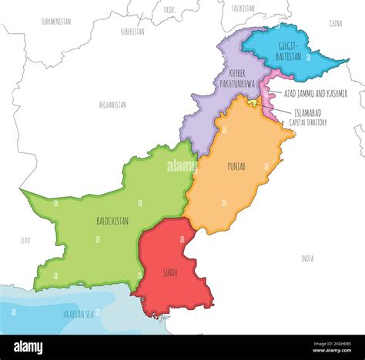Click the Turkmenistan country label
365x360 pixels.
(55, 22)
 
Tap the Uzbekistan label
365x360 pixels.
(132, 32)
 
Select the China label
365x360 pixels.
(336, 24)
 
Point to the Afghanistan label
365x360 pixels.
(112, 104)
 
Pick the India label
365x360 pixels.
(307, 258)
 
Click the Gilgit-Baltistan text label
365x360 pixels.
(290, 51)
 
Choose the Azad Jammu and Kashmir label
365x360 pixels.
(315, 93)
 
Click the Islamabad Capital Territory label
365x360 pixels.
(309, 117)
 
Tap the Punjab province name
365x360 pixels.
(236, 165)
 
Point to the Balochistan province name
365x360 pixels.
(112, 221)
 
